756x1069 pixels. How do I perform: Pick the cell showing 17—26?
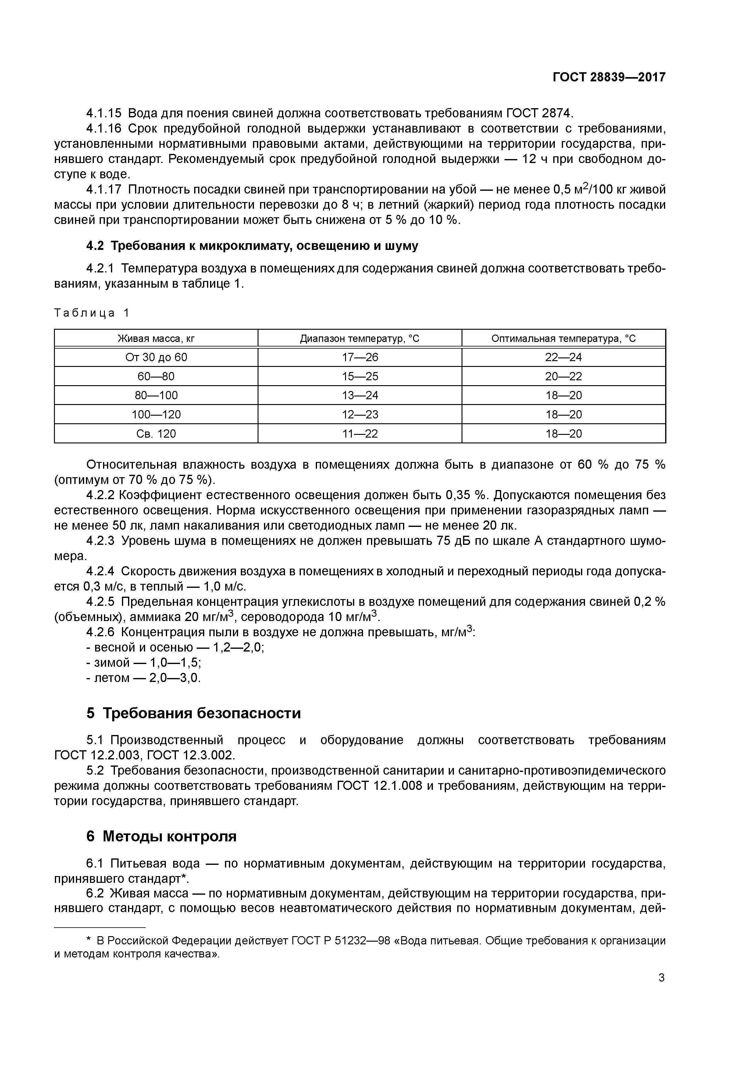click(360, 357)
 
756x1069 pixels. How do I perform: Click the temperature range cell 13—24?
click(360, 395)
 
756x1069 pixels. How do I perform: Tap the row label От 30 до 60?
click(156, 357)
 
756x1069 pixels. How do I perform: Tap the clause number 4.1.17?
click(103, 190)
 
